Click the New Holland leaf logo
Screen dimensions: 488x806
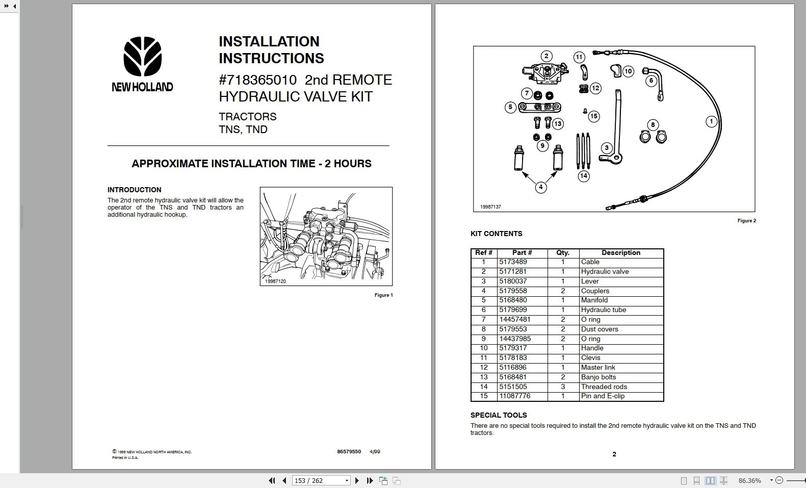142,57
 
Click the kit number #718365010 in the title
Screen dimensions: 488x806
257,80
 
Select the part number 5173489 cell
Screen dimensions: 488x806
513,262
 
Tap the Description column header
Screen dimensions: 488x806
620,253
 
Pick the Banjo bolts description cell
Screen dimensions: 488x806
599,377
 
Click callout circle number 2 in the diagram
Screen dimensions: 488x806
547,56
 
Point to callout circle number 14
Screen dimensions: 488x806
584,176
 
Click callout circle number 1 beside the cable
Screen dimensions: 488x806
711,121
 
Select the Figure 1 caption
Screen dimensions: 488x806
383,295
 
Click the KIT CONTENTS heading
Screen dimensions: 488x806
496,234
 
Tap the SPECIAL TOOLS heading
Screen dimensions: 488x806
498,415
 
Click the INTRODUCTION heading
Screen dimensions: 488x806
134,190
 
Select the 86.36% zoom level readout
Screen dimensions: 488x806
749,480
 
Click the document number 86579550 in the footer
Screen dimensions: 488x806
349,452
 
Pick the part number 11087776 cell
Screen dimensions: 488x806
514,396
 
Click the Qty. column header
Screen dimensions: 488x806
563,253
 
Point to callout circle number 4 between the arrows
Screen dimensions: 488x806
540,187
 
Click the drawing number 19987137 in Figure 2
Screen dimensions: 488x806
490,207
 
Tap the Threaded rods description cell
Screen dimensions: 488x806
604,387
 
